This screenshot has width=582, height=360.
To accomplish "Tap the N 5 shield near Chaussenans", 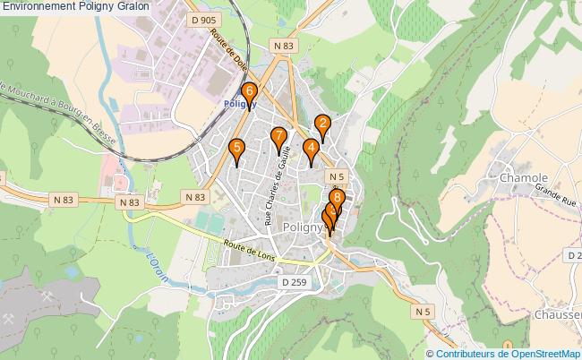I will click(422, 311).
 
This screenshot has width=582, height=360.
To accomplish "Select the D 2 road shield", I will click(574, 256).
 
